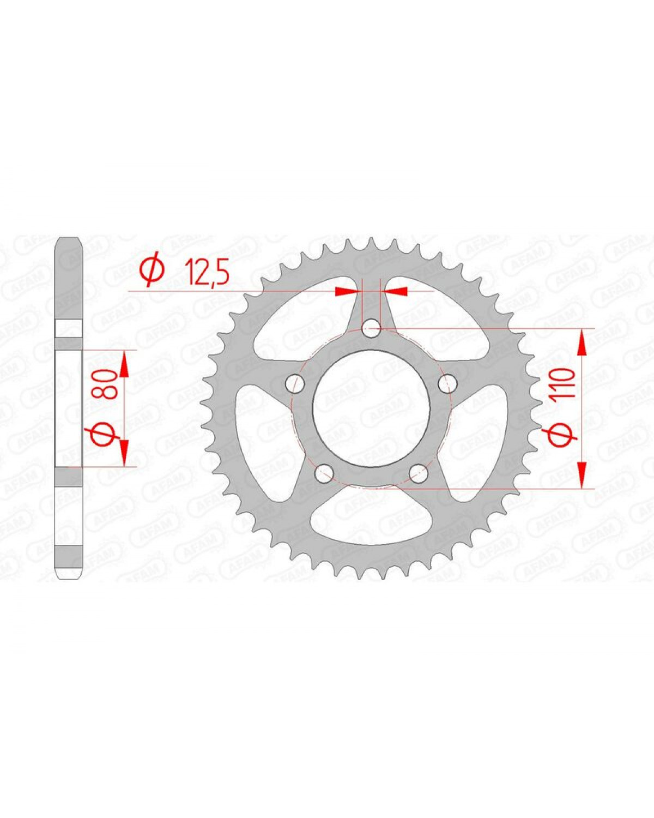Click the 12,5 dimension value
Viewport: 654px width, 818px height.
tap(207, 272)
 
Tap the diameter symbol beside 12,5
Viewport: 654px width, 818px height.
tap(153, 272)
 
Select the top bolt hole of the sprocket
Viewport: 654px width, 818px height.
tap(371, 328)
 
